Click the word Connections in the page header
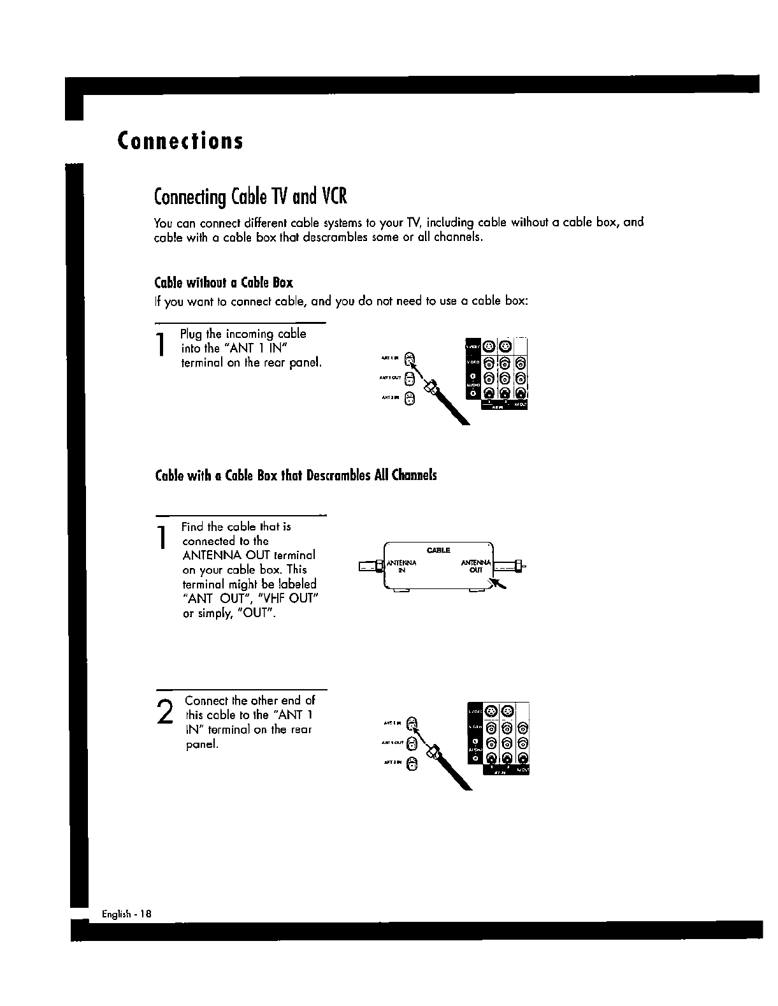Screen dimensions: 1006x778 point(180,141)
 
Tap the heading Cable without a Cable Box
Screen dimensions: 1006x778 point(224,282)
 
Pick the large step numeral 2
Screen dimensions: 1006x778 point(164,711)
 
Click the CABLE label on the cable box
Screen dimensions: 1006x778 point(439,550)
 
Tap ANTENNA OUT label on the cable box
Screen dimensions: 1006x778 point(476,566)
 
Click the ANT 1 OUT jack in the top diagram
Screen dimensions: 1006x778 point(411,381)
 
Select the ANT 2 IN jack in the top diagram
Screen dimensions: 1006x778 point(411,400)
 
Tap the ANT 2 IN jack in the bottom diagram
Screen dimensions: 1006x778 point(412,763)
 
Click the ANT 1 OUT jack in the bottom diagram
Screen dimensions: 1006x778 point(412,743)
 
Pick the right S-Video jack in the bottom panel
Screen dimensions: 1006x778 point(507,711)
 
